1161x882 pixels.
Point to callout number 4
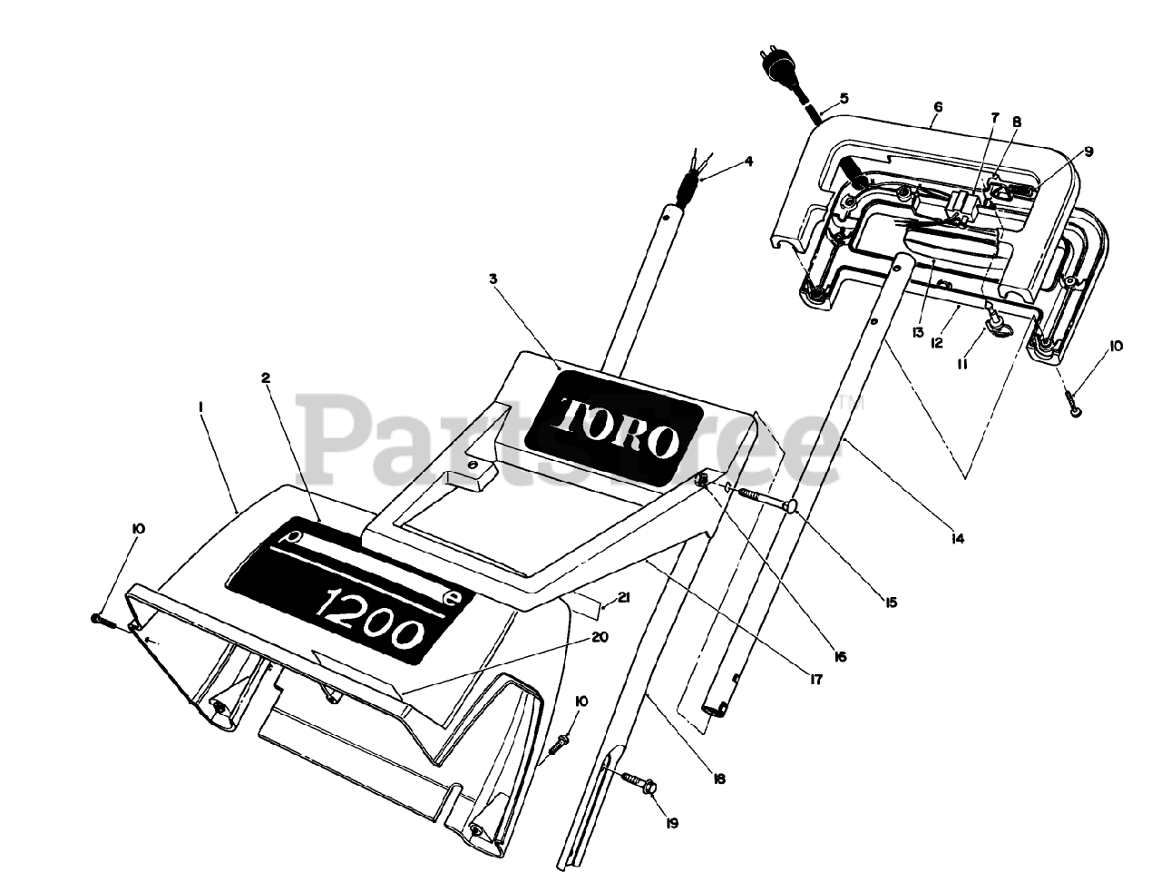(749, 162)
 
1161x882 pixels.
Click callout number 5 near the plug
(844, 98)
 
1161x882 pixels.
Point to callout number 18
(719, 779)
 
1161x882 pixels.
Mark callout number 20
(599, 637)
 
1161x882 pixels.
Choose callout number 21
(622, 597)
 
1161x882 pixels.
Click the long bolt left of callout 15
(762, 497)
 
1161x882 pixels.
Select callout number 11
(961, 363)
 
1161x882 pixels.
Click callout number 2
(266, 378)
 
